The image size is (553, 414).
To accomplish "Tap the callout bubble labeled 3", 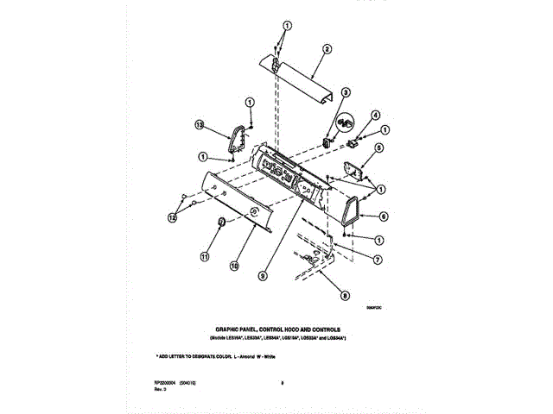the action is coord(345,92).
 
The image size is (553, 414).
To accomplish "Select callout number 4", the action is coord(376,115).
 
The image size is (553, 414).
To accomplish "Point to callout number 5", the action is coord(378,147).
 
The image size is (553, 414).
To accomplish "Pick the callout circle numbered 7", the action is coord(378,258).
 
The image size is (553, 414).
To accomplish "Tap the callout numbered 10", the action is coord(233,267).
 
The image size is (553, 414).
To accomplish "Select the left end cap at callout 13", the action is coord(235,142).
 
